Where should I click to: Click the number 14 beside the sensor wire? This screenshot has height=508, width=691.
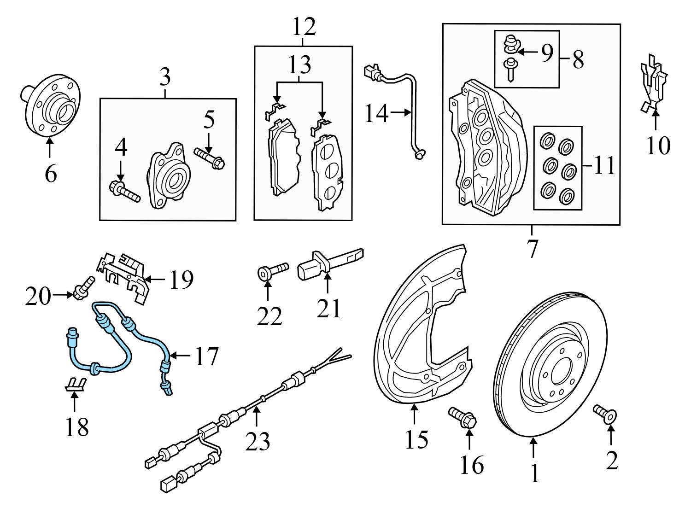(x=376, y=113)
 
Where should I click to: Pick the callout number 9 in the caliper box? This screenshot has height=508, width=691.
(x=547, y=53)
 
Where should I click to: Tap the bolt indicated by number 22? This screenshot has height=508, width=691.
(x=271, y=271)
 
